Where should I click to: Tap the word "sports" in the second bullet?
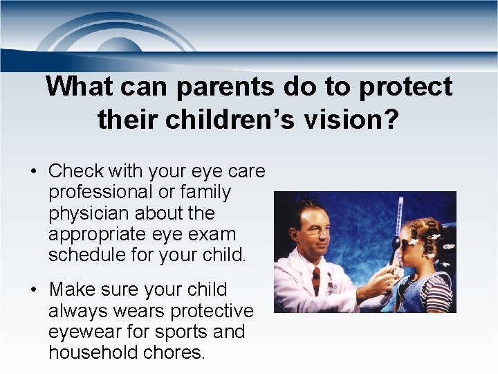point(182,332)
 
